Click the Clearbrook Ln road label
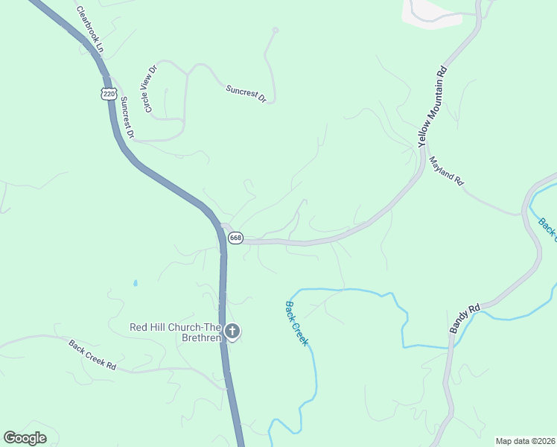click(91, 30)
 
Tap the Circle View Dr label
click(151, 89)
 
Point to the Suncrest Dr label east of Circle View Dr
click(246, 93)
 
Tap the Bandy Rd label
click(466, 318)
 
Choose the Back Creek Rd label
click(93, 355)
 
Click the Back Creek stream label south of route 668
click(296, 323)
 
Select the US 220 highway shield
click(109, 94)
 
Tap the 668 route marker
click(235, 238)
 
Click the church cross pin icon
click(232, 331)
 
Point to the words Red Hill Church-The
click(176, 327)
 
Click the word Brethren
click(200, 338)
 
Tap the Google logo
click(25, 437)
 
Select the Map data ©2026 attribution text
click(525, 440)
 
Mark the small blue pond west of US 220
click(135, 283)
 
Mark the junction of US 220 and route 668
click(223, 229)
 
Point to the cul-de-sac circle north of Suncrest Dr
click(276, 31)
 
